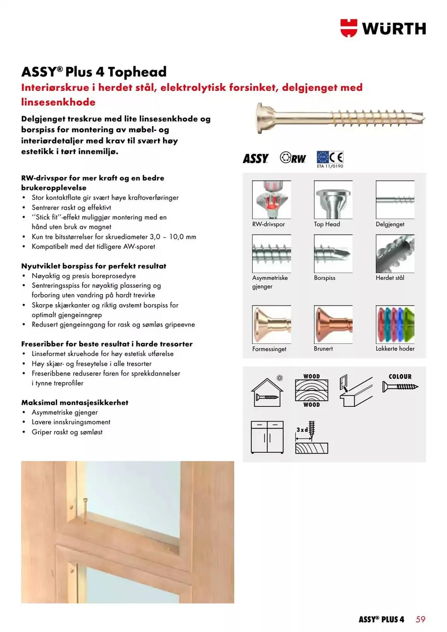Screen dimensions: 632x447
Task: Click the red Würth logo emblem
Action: coord(349,28)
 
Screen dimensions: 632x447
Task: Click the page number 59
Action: coord(420,619)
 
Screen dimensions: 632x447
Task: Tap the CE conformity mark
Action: coord(336,157)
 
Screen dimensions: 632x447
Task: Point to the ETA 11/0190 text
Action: coord(330,166)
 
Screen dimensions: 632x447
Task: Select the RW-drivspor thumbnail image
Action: coord(271,199)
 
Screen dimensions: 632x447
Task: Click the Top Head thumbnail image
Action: coord(333,199)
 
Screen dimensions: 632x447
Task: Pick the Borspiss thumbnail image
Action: coord(333,253)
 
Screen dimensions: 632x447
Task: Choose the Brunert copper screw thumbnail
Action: coord(333,324)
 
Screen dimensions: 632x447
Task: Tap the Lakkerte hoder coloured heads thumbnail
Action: coord(395,324)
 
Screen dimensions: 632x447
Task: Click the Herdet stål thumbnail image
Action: coord(395,253)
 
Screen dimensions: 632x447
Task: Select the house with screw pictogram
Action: coord(267,392)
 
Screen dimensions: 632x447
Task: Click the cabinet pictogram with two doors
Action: coord(267,437)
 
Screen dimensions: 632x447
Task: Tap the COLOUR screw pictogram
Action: coord(400,383)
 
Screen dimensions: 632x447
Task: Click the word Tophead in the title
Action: coord(137,72)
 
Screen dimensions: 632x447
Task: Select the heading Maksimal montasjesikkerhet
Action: coord(75,403)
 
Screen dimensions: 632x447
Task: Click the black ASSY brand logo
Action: coord(256,158)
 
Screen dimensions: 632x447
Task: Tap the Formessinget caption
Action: coord(269,349)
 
